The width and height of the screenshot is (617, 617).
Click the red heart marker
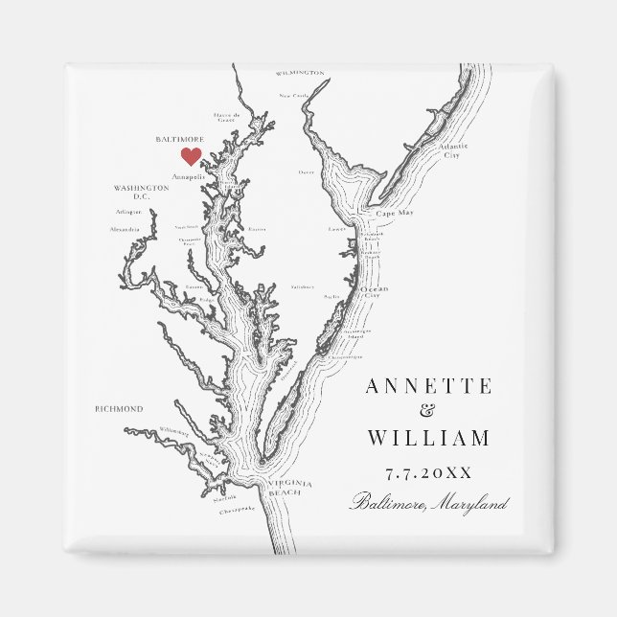tap(191, 155)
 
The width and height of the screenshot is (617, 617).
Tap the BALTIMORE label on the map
tap(178, 139)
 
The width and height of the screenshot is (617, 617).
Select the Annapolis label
tap(187, 176)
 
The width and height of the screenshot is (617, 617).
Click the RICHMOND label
tap(119, 409)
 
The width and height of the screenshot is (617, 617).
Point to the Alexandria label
tap(125, 230)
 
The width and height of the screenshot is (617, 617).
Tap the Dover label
tap(306, 172)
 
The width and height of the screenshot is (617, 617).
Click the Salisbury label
tap(303, 286)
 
